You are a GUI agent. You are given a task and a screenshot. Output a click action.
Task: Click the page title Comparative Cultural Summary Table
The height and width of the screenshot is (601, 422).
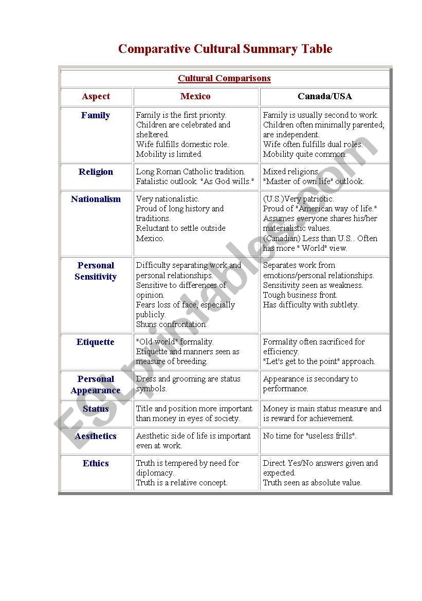click(225, 49)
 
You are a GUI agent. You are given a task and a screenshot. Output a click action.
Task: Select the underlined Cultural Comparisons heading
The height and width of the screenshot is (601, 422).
click(224, 79)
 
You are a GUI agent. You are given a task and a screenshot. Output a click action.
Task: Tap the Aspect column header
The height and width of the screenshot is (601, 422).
click(96, 97)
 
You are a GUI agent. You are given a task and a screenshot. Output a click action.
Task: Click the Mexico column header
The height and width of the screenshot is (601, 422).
click(195, 97)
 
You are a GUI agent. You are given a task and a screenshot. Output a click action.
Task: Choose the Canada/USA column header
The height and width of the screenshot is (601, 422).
click(325, 97)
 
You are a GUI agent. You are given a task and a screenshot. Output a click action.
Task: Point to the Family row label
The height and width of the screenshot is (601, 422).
click(96, 116)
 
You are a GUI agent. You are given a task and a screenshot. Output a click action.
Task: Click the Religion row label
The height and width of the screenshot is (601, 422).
click(96, 172)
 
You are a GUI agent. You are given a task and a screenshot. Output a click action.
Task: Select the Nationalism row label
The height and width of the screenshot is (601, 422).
click(96, 199)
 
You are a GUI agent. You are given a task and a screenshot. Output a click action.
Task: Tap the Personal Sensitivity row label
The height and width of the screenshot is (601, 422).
click(96, 271)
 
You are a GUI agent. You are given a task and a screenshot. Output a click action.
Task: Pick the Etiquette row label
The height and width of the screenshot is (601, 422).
click(96, 342)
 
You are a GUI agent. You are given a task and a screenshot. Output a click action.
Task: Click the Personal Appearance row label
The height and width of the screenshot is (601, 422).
click(96, 385)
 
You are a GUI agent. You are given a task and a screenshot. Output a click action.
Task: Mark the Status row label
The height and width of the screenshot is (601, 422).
click(96, 409)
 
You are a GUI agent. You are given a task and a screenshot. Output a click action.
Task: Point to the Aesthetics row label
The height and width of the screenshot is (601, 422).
click(96, 436)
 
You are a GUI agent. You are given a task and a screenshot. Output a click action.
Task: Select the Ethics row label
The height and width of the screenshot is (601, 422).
click(96, 464)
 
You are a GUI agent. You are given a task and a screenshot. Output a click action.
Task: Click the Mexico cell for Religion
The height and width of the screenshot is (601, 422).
click(195, 176)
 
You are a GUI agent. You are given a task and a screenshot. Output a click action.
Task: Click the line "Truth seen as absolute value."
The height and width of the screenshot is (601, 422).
click(313, 483)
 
